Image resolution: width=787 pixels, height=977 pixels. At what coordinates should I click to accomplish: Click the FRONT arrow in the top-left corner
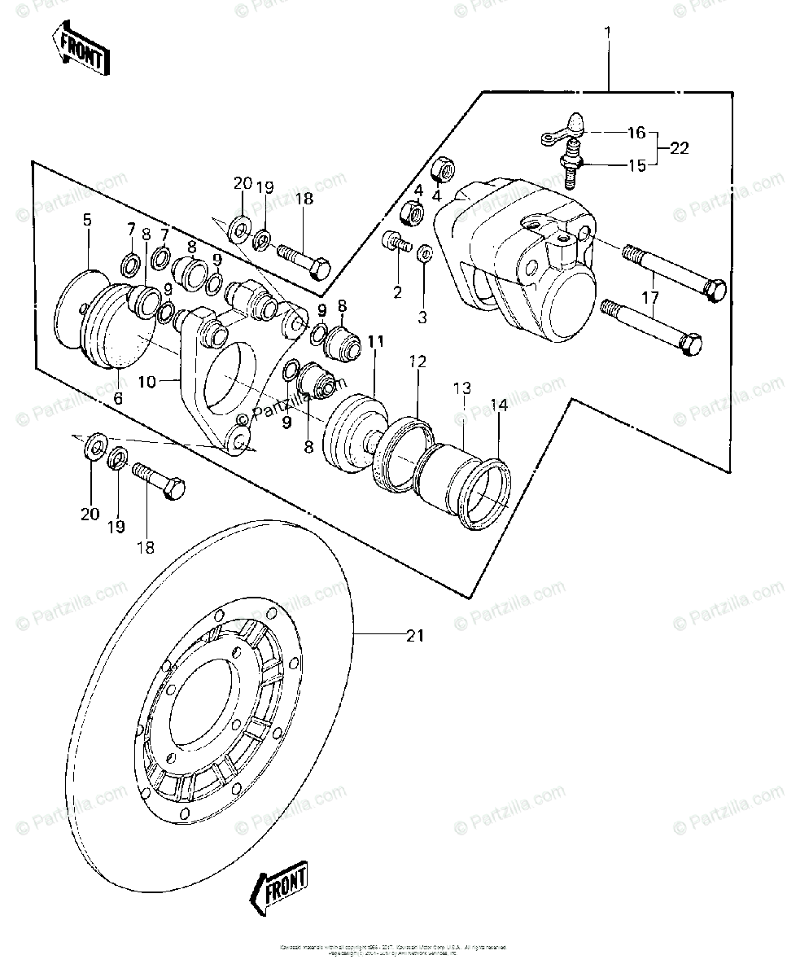79,50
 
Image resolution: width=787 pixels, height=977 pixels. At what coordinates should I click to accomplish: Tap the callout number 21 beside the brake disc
415,636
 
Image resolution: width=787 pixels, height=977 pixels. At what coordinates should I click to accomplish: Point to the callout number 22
680,148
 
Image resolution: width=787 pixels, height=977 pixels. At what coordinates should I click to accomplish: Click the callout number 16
636,132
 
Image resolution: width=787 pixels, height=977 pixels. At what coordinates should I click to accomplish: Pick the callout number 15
636,165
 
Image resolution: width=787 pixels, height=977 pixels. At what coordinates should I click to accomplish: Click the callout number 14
498,404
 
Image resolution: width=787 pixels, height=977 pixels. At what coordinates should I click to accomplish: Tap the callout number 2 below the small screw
397,292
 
